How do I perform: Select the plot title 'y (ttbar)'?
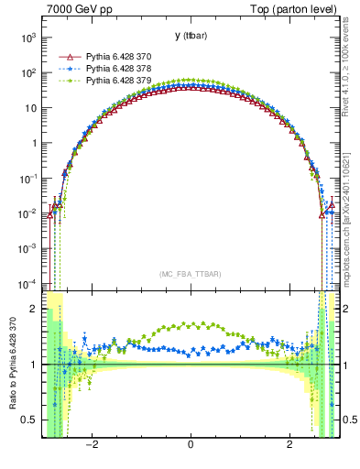click(190, 36)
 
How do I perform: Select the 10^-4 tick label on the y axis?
click(28, 283)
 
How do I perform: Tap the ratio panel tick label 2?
click(35, 310)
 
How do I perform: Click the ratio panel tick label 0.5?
click(31, 420)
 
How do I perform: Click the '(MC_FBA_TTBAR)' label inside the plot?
click(190, 274)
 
